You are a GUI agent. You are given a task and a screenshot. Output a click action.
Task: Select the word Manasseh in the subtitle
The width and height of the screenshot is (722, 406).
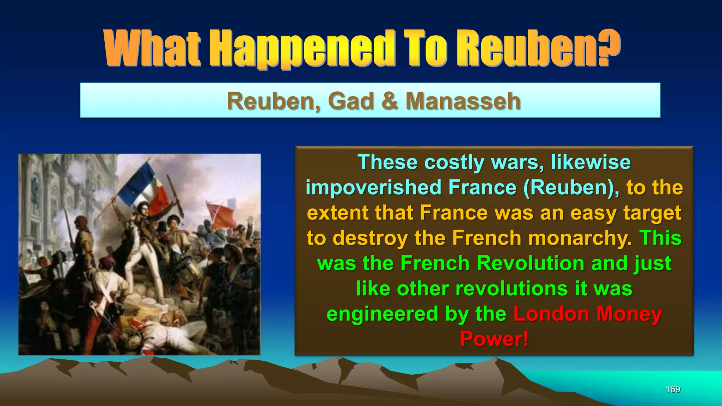click(463, 101)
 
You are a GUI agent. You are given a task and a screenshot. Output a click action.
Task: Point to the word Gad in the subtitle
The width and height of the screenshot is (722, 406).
click(350, 101)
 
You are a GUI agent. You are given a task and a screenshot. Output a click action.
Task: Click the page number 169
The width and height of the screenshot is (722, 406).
click(673, 389)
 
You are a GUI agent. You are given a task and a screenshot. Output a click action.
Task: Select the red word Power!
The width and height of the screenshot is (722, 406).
click(494, 339)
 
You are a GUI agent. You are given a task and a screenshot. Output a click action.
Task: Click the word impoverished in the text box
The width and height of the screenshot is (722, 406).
click(374, 187)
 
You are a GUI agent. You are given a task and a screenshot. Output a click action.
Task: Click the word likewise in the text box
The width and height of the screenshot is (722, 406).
click(591, 162)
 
